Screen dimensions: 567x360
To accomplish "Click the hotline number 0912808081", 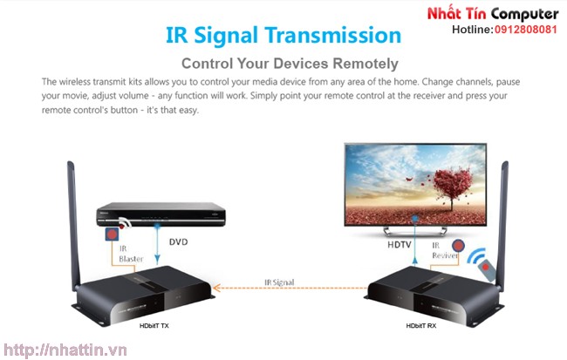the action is pyautogui.click(x=526, y=30).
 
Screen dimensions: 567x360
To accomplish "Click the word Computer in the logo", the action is pyautogui.click(x=524, y=15).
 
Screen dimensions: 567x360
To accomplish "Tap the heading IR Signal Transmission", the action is pyautogui.click(x=283, y=36).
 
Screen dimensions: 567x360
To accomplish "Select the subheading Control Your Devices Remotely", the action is pyautogui.click(x=290, y=64).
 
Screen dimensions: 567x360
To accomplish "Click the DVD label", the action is pyautogui.click(x=178, y=241).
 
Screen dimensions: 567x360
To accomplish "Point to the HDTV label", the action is pyautogui.click(x=400, y=245).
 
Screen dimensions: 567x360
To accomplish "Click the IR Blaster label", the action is pyautogui.click(x=131, y=254).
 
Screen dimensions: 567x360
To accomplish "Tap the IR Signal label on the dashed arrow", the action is pyautogui.click(x=279, y=282).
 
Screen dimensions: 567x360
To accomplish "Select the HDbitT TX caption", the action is pyautogui.click(x=154, y=326).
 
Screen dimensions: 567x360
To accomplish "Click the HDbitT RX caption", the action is pyautogui.click(x=421, y=326).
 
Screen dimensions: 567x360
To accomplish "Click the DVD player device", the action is pyautogui.click(x=161, y=214).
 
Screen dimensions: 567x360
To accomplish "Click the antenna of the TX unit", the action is pyautogui.click(x=73, y=224).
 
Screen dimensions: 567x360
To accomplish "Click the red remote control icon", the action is pyautogui.click(x=487, y=270).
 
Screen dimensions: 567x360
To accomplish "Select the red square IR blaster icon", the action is pyautogui.click(x=113, y=234).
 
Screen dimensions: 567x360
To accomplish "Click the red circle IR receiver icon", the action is pyautogui.click(x=458, y=246).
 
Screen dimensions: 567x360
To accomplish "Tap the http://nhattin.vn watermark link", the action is pyautogui.click(x=65, y=350).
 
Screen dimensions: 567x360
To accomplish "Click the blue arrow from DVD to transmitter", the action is pyautogui.click(x=157, y=245).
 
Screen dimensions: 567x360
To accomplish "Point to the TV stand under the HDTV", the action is pyautogui.click(x=415, y=231).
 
